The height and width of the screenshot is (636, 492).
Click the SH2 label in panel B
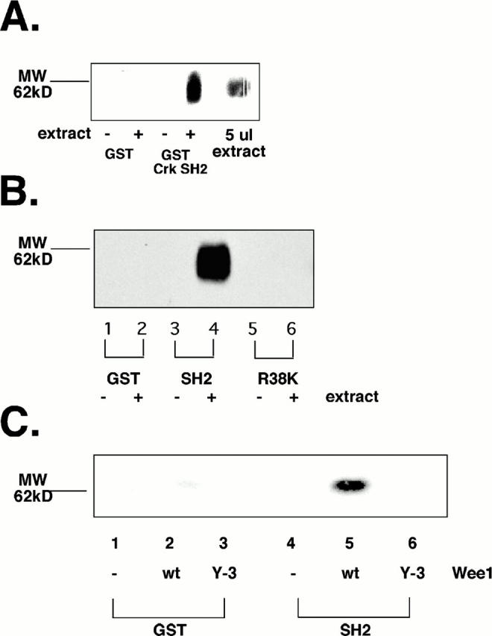coord(194,378)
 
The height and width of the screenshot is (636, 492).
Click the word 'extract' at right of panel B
coord(351,397)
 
